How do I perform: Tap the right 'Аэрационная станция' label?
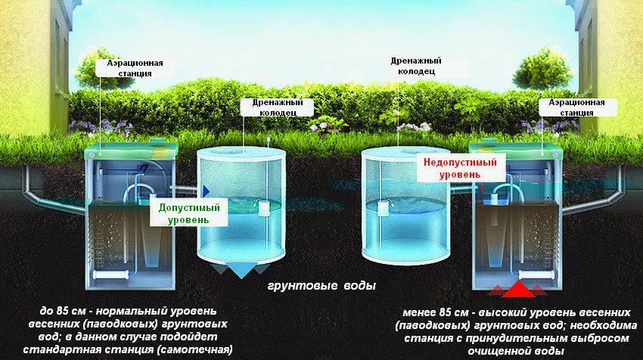(576, 107)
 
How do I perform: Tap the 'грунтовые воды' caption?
(321, 287)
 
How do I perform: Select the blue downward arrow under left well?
(241, 268)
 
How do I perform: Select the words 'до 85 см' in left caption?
(64, 312)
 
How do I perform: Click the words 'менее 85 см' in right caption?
(427, 312)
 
